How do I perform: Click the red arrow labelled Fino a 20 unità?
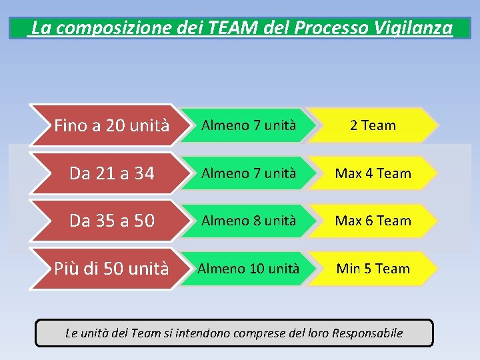(107, 125)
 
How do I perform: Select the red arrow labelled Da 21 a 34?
(107, 173)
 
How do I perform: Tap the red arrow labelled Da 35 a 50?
(107, 221)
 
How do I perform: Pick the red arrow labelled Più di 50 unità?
(107, 269)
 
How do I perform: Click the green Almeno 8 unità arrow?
(249, 221)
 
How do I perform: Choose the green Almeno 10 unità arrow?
(249, 269)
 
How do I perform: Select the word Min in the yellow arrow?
(348, 269)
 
